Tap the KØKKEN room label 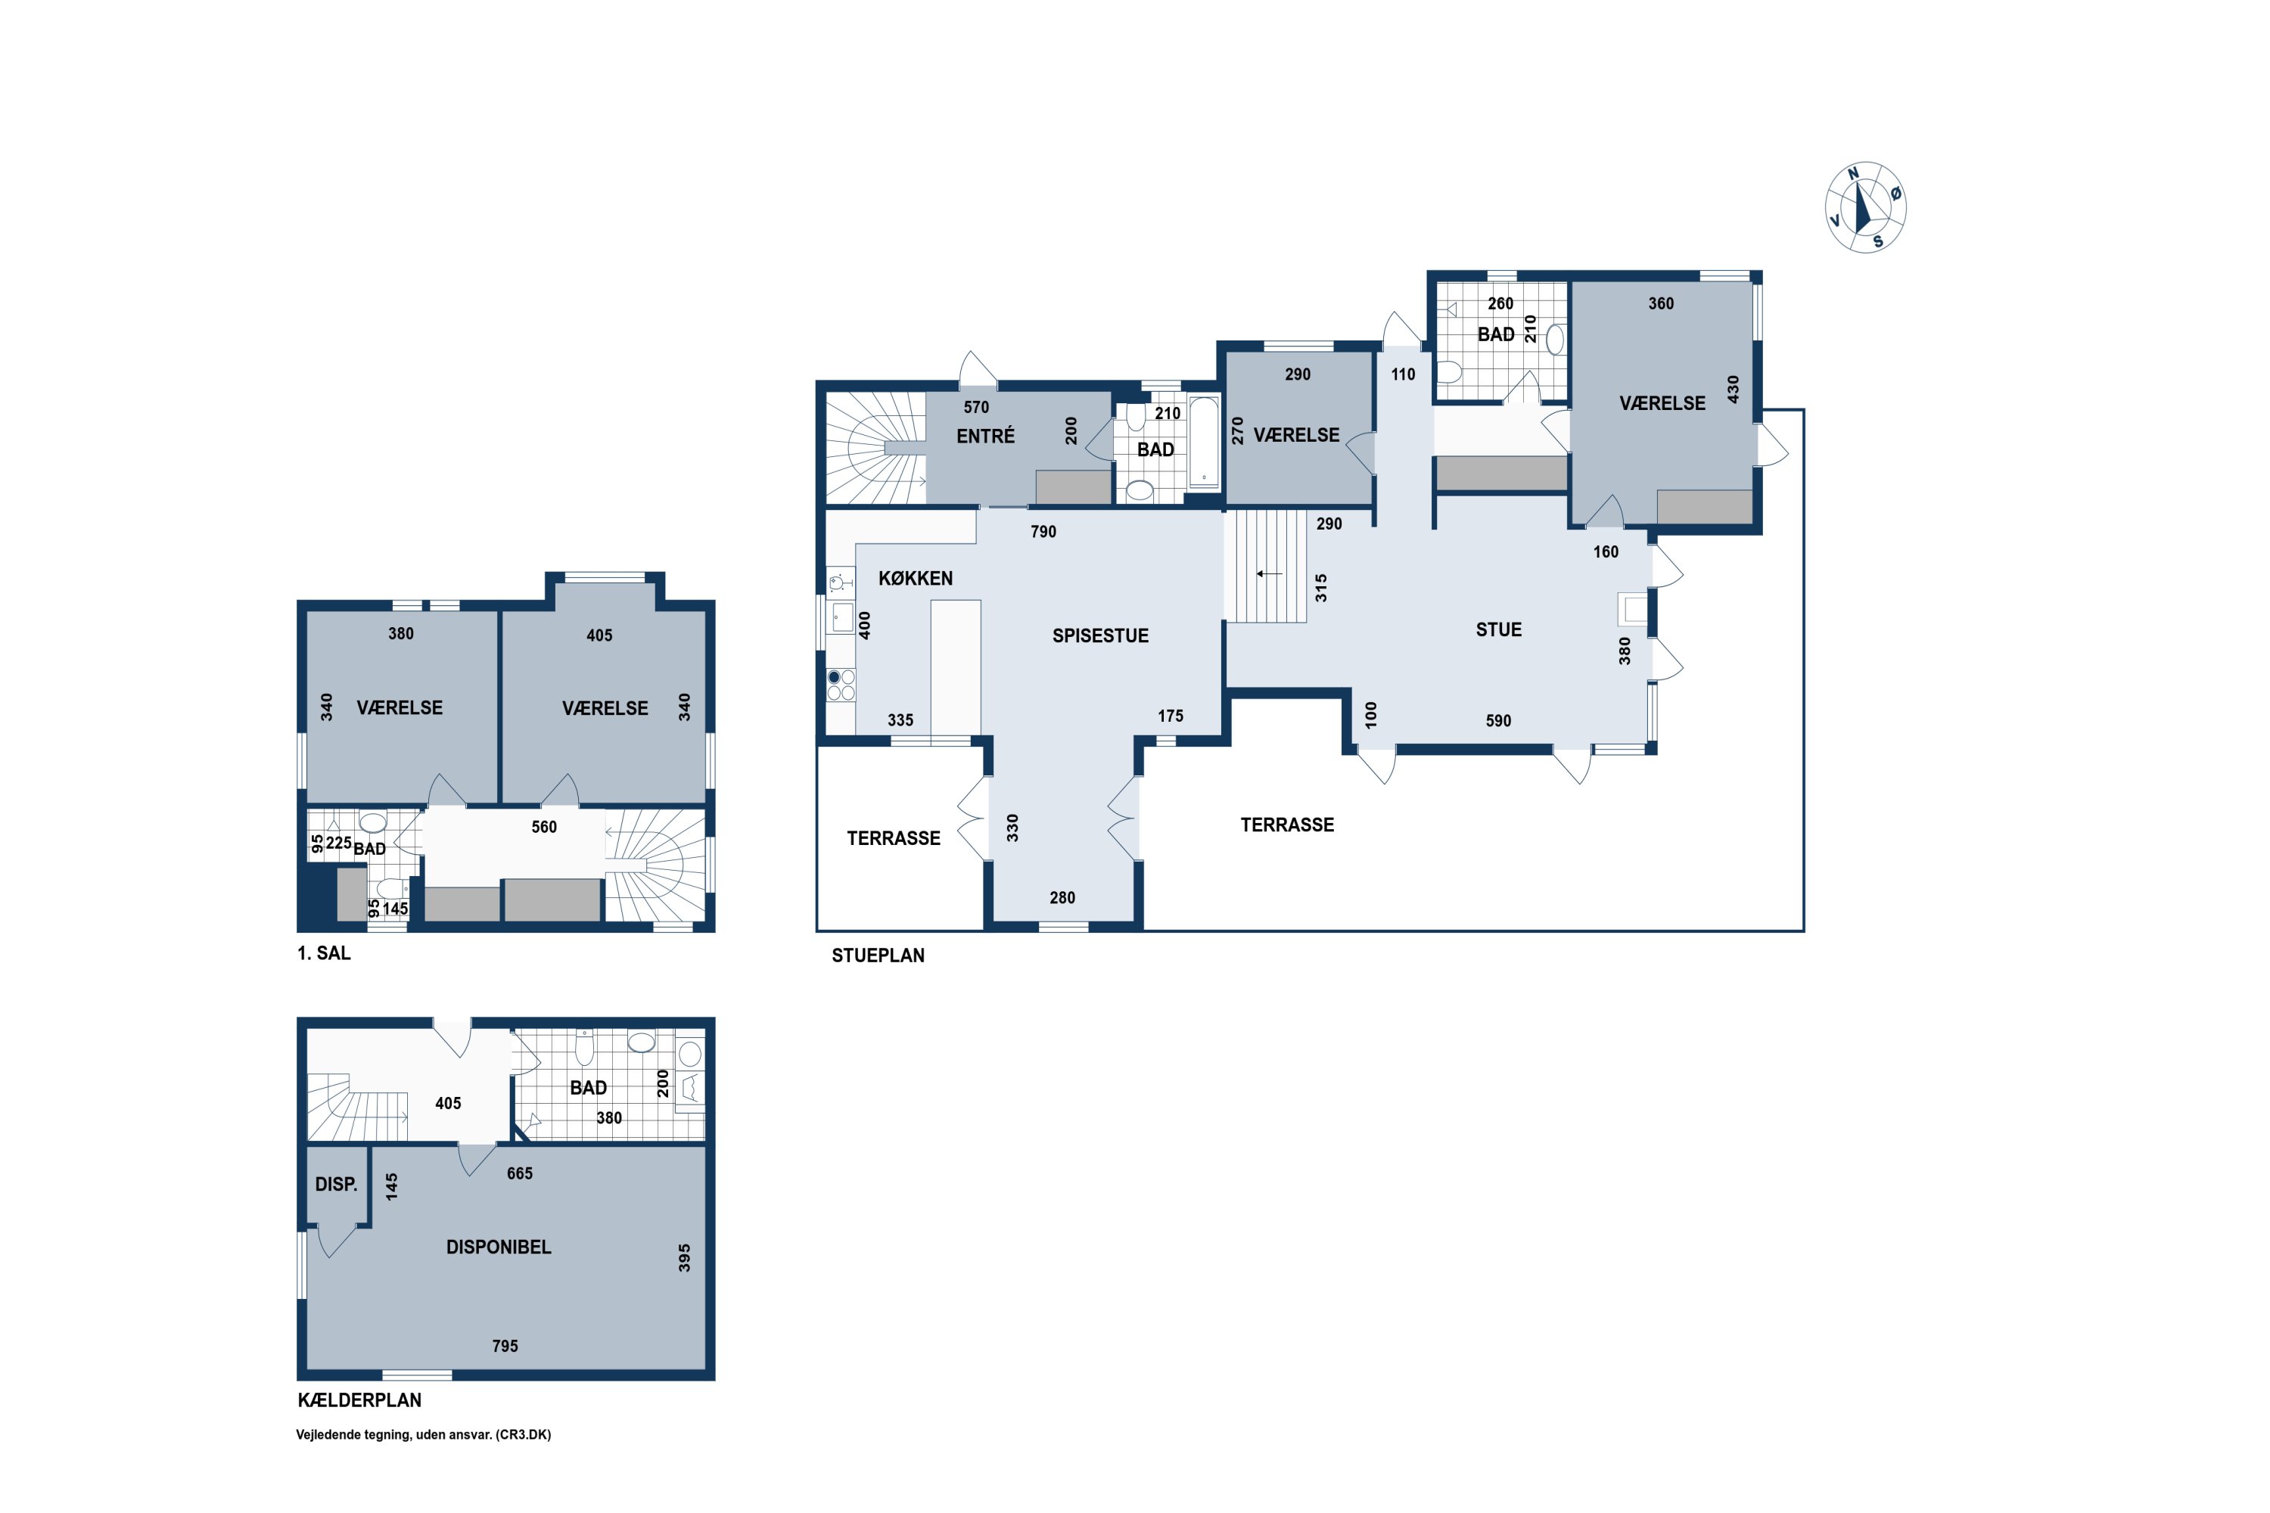point(915,579)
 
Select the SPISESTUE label point(1100,636)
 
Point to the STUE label point(1498,630)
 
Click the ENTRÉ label point(985,437)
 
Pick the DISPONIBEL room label point(498,1247)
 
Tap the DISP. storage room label point(336,1184)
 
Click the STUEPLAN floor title point(878,955)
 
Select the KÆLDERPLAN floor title point(359,1400)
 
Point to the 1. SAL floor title point(323,953)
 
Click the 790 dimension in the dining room point(1043,532)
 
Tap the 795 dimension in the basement point(505,1346)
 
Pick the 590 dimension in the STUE point(1498,721)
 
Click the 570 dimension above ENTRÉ point(976,407)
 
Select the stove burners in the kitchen point(841,685)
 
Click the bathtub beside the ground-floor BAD point(1204,441)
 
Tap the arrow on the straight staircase point(1269,574)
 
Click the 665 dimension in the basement point(519,1173)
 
